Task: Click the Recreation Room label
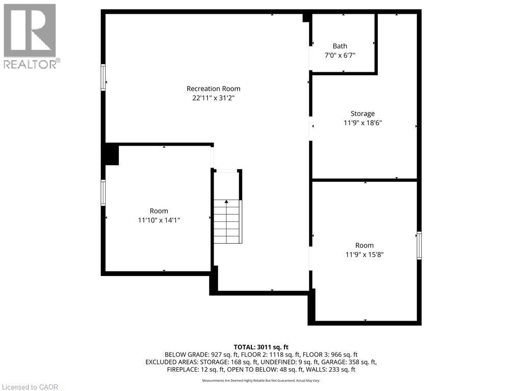pyautogui.click(x=213, y=89)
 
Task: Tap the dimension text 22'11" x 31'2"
pyautogui.click(x=213, y=98)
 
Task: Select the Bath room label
pyautogui.click(x=340, y=46)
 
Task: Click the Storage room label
pyautogui.click(x=362, y=114)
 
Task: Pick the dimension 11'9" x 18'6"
pyautogui.click(x=362, y=123)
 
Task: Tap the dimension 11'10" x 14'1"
pyautogui.click(x=159, y=220)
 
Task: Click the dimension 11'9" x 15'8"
pyautogui.click(x=364, y=254)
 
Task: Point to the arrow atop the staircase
pyautogui.click(x=227, y=202)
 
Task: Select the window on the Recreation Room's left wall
pyautogui.click(x=103, y=77)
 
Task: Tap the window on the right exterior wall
pyautogui.click(x=419, y=245)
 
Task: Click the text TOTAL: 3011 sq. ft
pyautogui.click(x=261, y=347)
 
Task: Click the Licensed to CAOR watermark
pyautogui.click(x=30, y=387)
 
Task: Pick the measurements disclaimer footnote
pyautogui.click(x=261, y=381)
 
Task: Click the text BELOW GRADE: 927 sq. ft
pyautogui.click(x=195, y=354)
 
